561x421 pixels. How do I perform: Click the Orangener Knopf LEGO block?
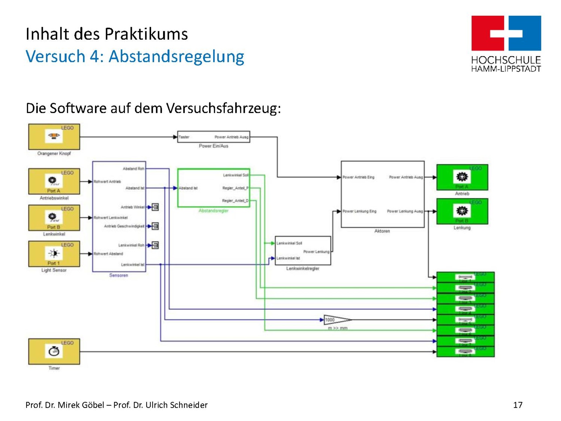tap(54, 137)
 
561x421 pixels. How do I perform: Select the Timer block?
tap(54, 352)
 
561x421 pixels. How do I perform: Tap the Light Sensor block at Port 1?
tap(54, 254)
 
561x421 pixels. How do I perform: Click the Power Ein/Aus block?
tap(214, 137)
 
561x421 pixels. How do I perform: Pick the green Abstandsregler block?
tap(214, 188)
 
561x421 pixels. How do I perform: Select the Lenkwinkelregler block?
tap(303, 250)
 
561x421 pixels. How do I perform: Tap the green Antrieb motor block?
tap(462, 178)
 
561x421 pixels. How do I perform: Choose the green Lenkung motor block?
tap(462, 211)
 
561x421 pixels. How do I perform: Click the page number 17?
tap(518, 405)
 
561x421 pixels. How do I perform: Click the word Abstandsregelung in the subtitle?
tap(176, 56)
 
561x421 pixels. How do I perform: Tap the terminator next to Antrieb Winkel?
tap(155, 207)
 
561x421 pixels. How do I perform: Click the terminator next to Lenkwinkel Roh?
tap(155, 245)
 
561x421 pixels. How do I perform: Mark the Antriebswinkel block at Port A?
tap(54, 181)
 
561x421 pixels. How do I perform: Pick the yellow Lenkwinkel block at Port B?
tap(54, 218)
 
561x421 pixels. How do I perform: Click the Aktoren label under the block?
tap(382, 231)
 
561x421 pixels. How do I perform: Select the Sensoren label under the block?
tap(119, 275)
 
